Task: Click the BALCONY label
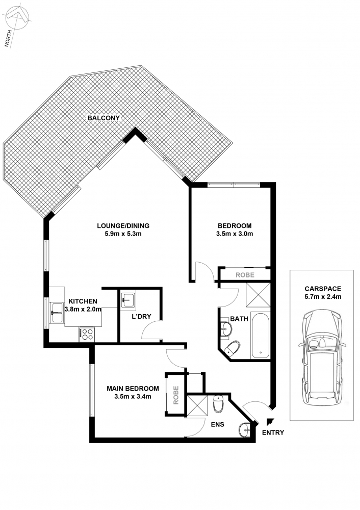pyautogui.click(x=104, y=118)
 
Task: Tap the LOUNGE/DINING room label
pyautogui.click(x=123, y=226)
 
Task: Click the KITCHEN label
pyautogui.click(x=83, y=301)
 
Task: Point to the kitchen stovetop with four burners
pyautogui.click(x=87, y=334)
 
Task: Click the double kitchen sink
pyautogui.click(x=57, y=313)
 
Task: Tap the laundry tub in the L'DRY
pyautogui.click(x=129, y=299)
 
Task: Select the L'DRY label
pyautogui.click(x=141, y=317)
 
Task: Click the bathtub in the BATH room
pyautogui.click(x=261, y=336)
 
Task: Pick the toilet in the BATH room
pyautogui.click(x=232, y=348)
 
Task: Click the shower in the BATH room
pyautogui.click(x=258, y=295)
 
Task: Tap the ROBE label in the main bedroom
pyautogui.click(x=176, y=395)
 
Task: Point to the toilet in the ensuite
pyautogui.click(x=218, y=403)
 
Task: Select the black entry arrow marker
pyautogui.click(x=269, y=422)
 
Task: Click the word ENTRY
pyautogui.click(x=273, y=432)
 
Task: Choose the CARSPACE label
pyautogui.click(x=323, y=289)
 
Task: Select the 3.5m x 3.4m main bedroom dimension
pyautogui.click(x=133, y=396)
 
